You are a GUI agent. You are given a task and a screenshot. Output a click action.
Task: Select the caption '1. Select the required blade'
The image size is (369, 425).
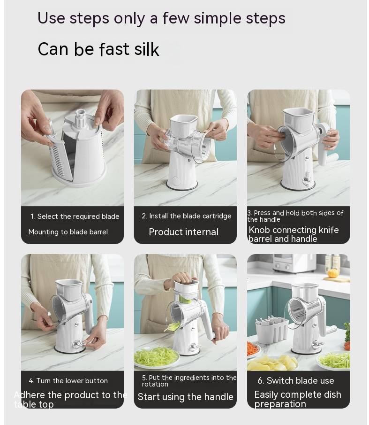pos(75,216)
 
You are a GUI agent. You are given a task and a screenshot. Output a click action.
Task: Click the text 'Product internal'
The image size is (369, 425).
pos(184,232)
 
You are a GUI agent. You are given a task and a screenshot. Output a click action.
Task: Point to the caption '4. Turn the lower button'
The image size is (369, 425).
pos(68,380)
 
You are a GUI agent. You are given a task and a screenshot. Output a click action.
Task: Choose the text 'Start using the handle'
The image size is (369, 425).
pos(185,397)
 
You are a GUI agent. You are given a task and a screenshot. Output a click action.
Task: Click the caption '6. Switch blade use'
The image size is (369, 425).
pos(296,380)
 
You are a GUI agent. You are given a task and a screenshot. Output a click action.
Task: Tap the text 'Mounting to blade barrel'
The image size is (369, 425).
pos(68,232)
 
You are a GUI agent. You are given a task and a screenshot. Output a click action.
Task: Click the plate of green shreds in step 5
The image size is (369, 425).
pos(156,357)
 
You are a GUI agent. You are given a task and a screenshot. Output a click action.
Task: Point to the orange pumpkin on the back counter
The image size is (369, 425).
pos(332,273)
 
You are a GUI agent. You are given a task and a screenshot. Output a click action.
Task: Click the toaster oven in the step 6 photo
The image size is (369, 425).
pos(293,263)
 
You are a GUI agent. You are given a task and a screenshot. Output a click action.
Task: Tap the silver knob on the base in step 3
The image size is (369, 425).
pos(307,180)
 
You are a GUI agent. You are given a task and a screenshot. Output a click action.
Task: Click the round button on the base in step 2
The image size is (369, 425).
pos(176,181)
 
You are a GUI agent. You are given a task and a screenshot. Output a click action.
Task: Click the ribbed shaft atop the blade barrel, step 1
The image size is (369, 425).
pos(80,118)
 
